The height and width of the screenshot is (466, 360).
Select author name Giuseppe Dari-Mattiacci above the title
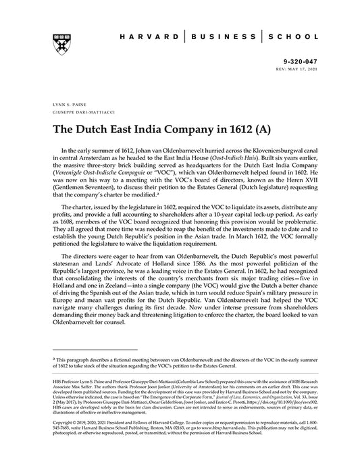pos(73,113)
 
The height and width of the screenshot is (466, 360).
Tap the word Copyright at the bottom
pos(62,436)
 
